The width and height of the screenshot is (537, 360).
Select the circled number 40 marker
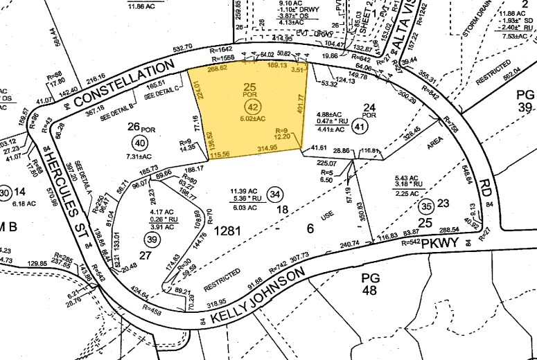[x=140, y=144]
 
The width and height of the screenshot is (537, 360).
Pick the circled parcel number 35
[x=426, y=206]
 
